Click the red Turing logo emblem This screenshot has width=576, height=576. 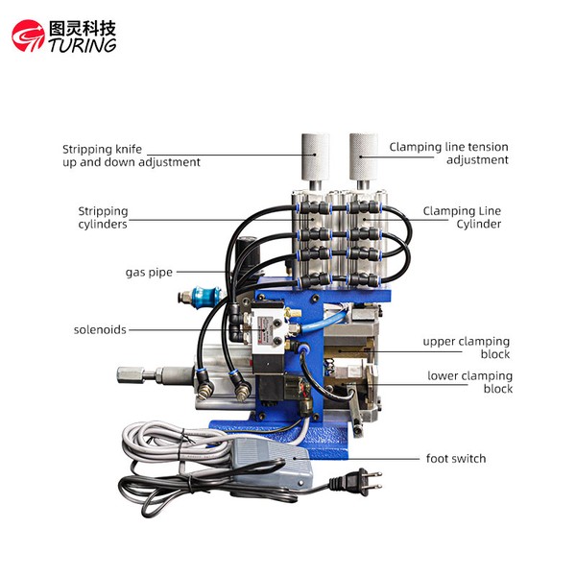point(28,36)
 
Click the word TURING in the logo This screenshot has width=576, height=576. point(83,45)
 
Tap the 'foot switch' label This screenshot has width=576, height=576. point(456,459)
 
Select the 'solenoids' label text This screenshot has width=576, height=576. point(100,329)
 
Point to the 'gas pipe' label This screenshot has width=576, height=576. point(149,273)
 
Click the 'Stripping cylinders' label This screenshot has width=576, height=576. point(103,218)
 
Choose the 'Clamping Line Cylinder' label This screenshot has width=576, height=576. point(462,217)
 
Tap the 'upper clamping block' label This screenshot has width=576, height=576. point(467,348)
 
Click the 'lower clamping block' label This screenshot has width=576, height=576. point(469,382)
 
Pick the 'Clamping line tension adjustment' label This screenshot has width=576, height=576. point(449,154)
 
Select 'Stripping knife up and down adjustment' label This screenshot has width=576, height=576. point(132,156)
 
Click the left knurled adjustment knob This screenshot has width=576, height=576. point(315,157)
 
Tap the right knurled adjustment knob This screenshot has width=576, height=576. point(363,157)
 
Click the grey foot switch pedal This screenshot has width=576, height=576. point(273,464)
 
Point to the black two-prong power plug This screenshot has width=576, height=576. point(355,481)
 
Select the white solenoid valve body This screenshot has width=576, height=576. point(268,326)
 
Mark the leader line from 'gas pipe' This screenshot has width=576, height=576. point(202,272)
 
